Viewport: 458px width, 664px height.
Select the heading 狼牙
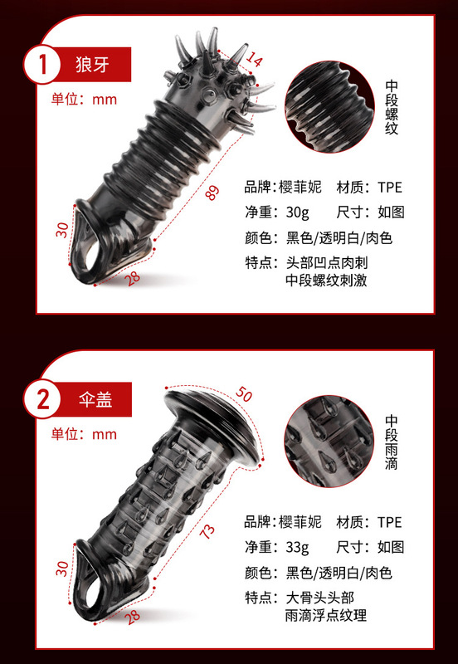93,63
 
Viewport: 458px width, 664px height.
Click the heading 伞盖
93,399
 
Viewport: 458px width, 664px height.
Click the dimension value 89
212,193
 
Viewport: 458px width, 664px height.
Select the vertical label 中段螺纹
392,108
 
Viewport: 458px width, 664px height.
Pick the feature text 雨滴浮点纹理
326,616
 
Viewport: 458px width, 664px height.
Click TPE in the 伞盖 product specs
388,522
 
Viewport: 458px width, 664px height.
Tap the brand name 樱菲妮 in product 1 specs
302,187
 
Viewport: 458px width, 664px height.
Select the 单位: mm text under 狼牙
84,99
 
